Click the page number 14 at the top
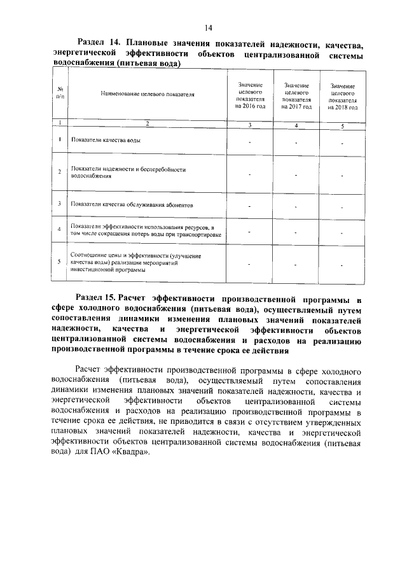coord(208,27)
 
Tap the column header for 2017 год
coord(297,95)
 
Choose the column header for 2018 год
coord(343,96)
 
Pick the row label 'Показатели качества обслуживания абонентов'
coord(128,205)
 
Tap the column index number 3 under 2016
coord(250,125)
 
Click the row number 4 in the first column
coord(59,229)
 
